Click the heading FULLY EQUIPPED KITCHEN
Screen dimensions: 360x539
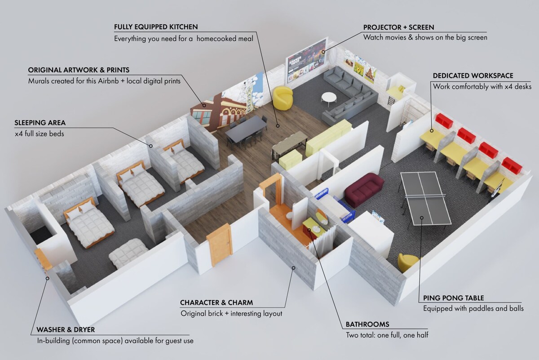tap(156, 27)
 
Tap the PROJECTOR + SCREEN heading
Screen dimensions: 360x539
tap(399, 27)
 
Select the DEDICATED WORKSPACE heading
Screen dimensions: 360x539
tap(473, 76)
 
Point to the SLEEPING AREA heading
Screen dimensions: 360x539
tap(40, 123)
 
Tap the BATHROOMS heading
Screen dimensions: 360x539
tap(367, 324)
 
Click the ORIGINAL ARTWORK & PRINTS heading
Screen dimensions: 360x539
tap(79, 70)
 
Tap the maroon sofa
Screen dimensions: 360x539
tap(364, 189)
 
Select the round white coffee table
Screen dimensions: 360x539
tap(329, 97)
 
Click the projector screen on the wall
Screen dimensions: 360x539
tap(307, 60)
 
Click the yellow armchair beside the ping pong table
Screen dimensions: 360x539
tap(408, 262)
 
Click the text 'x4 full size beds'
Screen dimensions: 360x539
tap(39, 134)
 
